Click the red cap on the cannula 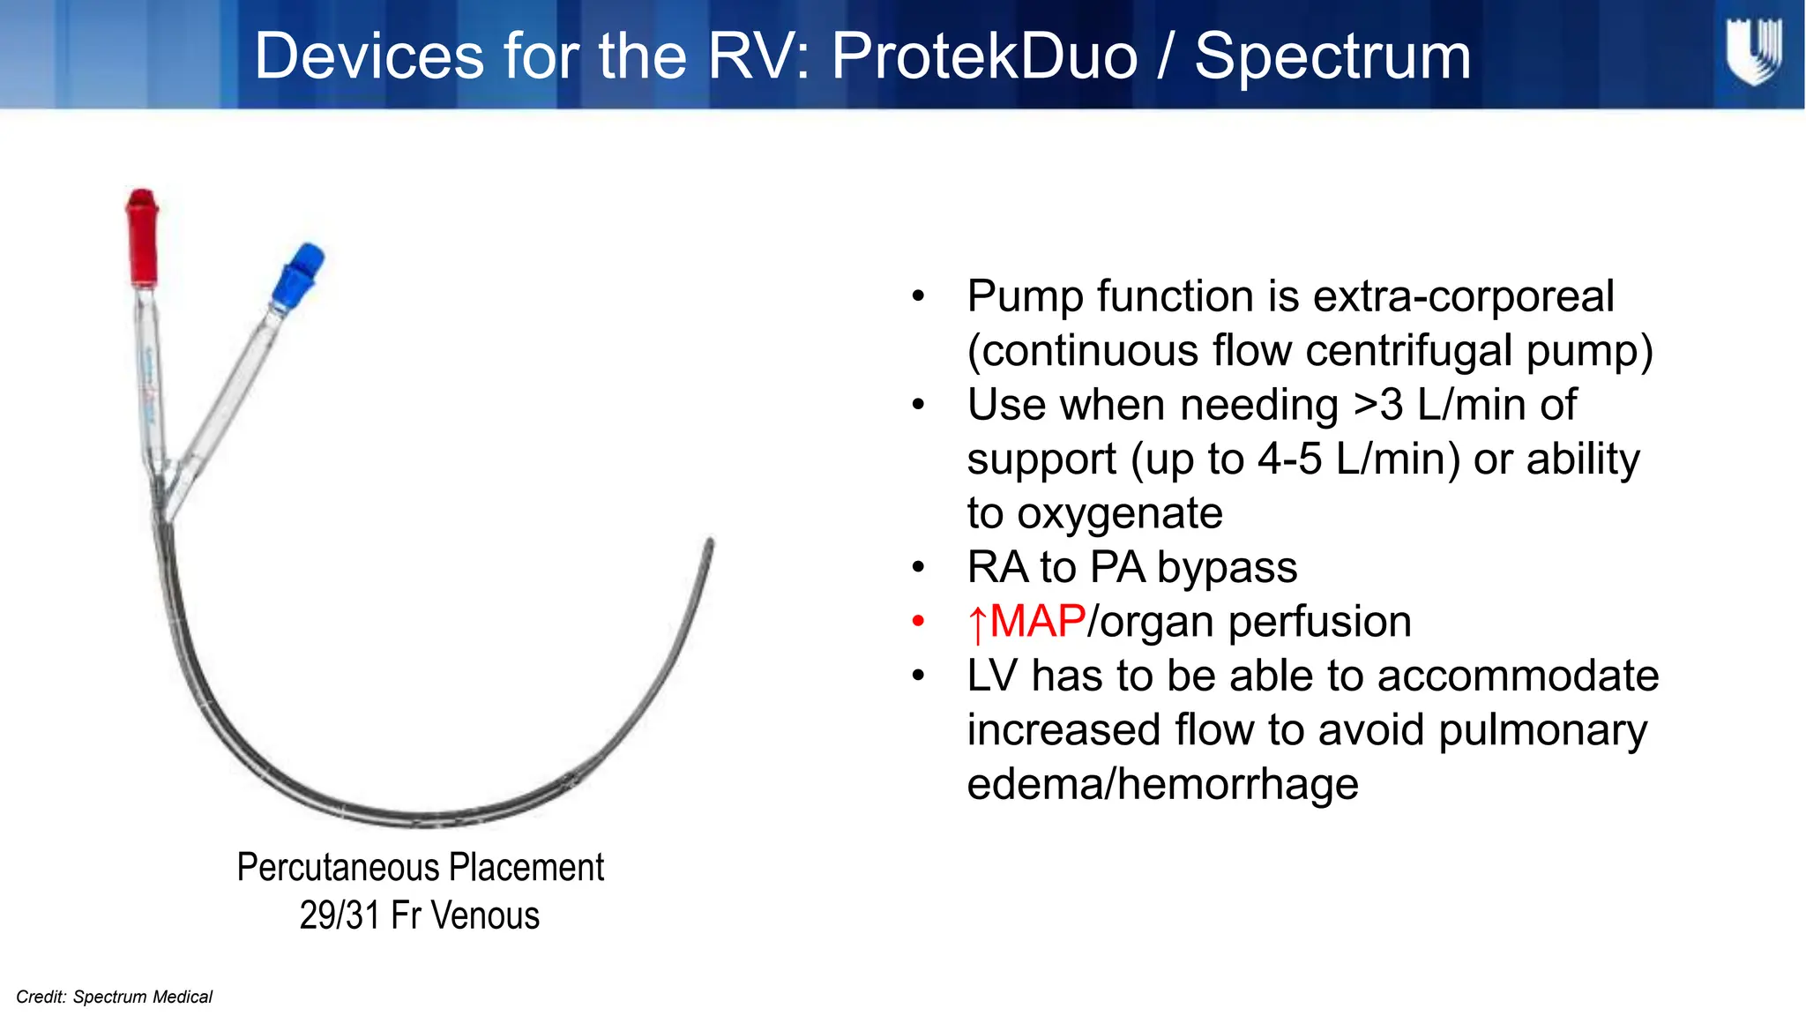click(142, 236)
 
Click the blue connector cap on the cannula click(296, 275)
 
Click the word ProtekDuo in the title click(984, 56)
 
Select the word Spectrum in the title click(1332, 56)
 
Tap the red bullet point click(918, 622)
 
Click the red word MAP click(1037, 622)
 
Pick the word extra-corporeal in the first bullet click(1464, 296)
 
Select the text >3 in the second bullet click(1377, 405)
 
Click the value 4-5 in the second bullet click(1289, 459)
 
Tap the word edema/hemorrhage click(1162, 784)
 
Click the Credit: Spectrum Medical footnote click(115, 997)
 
